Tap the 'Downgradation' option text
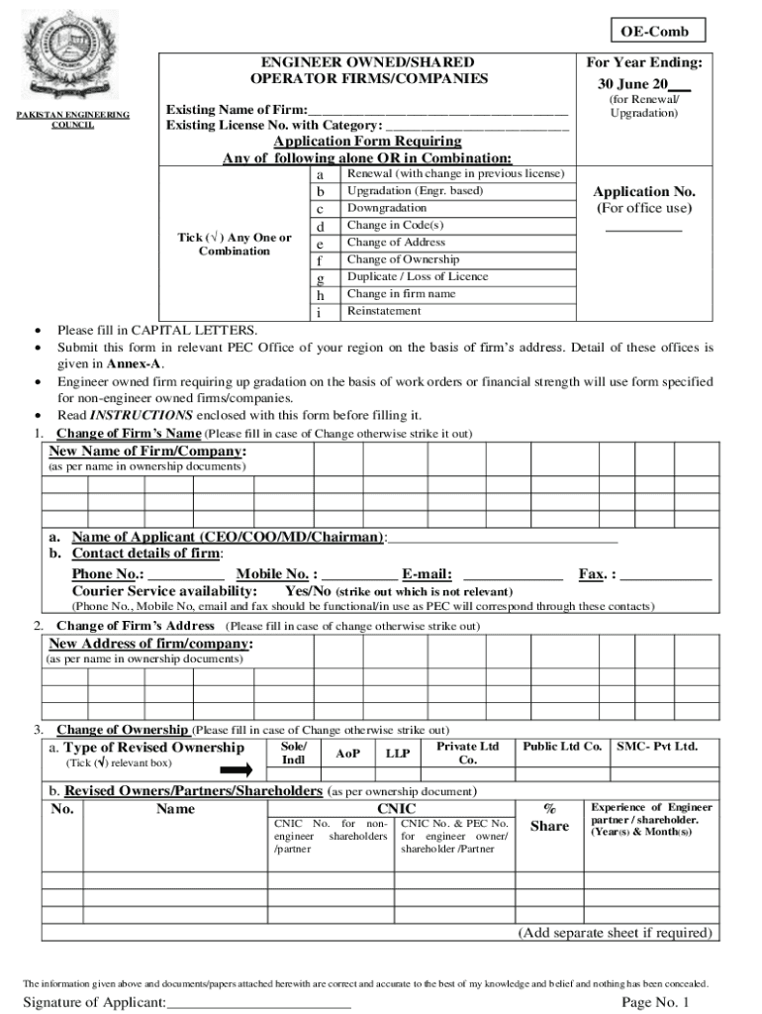tap(387, 208)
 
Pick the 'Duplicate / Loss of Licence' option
tap(417, 276)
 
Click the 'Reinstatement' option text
tap(383, 311)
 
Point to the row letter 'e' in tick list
tap(319, 244)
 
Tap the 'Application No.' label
tap(643, 192)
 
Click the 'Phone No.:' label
tap(107, 574)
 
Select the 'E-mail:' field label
tap(427, 574)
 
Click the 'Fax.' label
tap(592, 574)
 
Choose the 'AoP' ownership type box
tap(347, 754)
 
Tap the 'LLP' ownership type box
tap(398, 754)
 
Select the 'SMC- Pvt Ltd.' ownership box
tap(656, 747)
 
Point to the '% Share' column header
tap(549, 818)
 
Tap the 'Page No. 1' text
tap(654, 1003)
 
